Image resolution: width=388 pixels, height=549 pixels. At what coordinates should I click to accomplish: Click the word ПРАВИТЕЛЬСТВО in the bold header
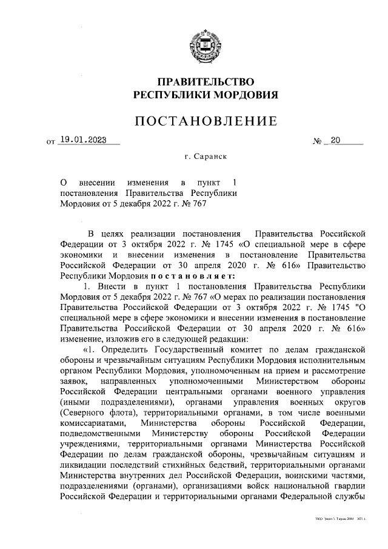pyautogui.click(x=205, y=81)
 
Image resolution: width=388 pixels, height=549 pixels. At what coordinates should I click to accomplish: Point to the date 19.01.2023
pyautogui.click(x=85, y=141)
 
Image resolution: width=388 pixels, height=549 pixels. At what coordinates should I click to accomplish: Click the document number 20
pyautogui.click(x=335, y=141)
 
